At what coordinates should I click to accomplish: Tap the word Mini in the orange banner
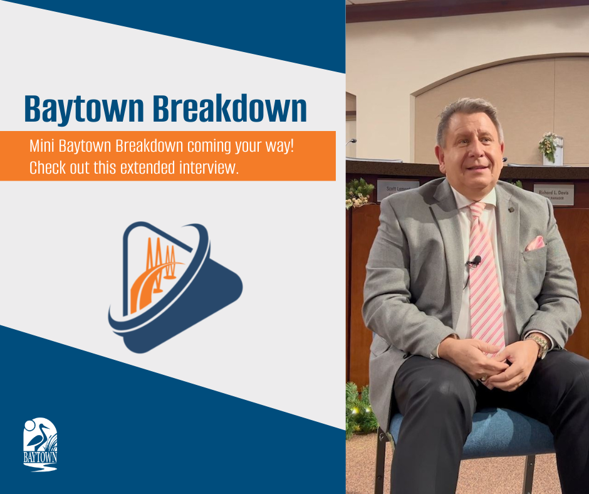point(41,146)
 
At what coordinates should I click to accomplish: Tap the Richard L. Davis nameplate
point(553,194)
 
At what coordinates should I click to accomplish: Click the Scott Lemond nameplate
point(397,190)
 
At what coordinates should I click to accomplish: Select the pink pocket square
point(535,243)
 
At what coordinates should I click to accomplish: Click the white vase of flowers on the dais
point(552,150)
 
